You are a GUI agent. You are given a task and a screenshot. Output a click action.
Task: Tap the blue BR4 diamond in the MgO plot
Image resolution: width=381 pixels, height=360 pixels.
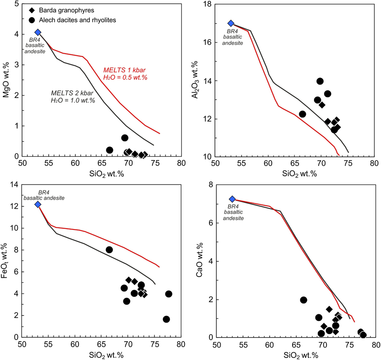[x=38, y=32]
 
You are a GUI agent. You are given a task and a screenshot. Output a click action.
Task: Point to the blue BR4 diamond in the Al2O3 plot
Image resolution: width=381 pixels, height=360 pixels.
[x=231, y=23]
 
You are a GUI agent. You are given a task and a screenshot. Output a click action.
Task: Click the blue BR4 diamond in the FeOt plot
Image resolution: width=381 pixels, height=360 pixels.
[x=38, y=204]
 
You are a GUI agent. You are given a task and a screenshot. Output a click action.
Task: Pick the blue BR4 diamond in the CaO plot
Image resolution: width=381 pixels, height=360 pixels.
[x=232, y=199]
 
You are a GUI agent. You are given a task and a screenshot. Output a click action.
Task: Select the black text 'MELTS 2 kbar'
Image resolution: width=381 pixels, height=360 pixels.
[x=69, y=92]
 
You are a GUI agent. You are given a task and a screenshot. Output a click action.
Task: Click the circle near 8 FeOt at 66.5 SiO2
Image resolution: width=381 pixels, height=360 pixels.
[x=109, y=250]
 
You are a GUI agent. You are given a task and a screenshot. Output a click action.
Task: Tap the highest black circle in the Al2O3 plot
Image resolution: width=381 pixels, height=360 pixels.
[x=320, y=81]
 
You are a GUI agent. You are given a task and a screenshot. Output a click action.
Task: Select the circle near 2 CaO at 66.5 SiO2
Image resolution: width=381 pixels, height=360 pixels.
[x=303, y=300]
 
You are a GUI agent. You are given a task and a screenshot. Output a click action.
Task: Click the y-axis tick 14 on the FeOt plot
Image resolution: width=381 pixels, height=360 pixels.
[x=15, y=184]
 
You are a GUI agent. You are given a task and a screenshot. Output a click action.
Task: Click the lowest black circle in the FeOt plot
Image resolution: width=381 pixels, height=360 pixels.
[x=166, y=319]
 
